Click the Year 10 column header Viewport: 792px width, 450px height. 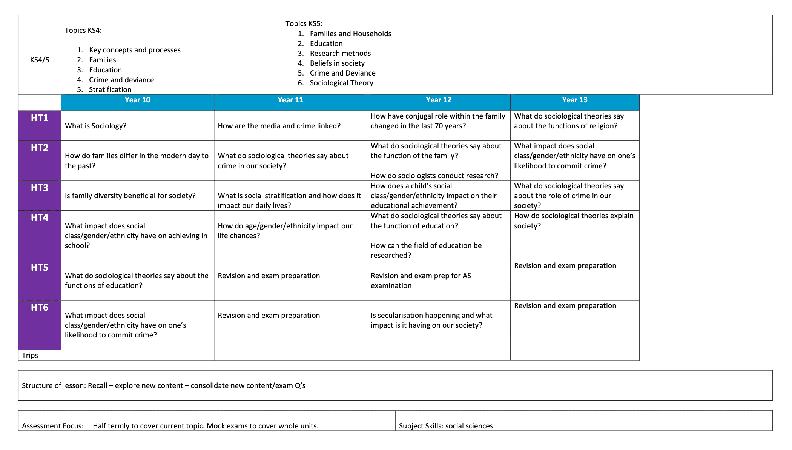(137, 100)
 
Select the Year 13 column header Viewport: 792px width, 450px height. (574, 100)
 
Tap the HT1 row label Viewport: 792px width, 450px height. (40, 118)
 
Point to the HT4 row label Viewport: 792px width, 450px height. (40, 218)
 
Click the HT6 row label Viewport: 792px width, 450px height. (40, 308)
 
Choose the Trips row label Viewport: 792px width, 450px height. (30, 355)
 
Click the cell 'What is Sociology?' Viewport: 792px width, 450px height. (95, 126)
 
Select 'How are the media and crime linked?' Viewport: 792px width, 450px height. (279, 126)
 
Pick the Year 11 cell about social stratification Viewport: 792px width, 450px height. (289, 200)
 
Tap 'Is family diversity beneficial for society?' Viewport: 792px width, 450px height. (130, 196)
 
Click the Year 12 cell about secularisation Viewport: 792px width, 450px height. (431, 320)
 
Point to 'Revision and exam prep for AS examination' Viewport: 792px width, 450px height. (421, 280)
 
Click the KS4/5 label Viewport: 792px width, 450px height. (40, 60)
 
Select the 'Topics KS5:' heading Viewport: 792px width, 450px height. (304, 23)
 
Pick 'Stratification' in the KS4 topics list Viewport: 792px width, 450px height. (110, 89)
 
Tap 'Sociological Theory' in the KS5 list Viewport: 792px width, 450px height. (341, 83)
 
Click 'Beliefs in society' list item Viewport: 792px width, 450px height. (337, 63)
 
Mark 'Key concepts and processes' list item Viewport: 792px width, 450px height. (135, 50)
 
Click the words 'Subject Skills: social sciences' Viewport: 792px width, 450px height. (446, 426)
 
